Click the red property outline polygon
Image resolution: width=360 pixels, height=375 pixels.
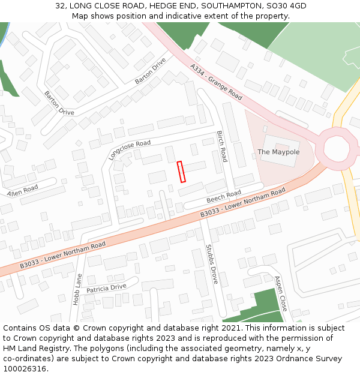click(181, 171)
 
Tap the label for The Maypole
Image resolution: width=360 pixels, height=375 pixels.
click(278, 152)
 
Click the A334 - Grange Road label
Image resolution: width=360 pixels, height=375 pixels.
click(216, 82)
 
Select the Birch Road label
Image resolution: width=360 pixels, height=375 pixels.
click(222, 146)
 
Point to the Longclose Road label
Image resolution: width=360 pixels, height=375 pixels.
click(130, 150)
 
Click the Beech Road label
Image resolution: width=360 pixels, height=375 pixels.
click(223, 196)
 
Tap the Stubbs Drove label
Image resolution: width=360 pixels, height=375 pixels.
click(212, 263)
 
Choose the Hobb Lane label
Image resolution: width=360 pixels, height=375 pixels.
click(77, 289)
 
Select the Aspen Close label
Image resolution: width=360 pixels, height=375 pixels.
click(281, 293)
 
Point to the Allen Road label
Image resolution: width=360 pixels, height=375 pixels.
click(22, 191)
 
